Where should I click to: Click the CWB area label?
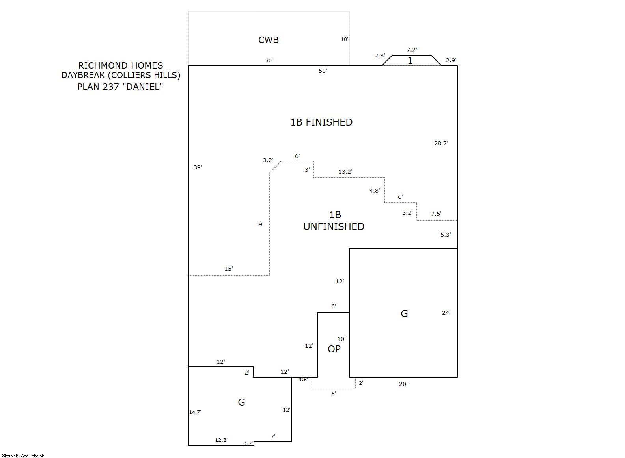coord(268,40)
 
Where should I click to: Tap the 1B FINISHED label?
coord(321,122)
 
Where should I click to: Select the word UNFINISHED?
coord(334,226)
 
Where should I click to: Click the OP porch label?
coord(334,349)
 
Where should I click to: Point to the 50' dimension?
coord(323,71)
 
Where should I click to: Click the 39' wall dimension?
coord(198,167)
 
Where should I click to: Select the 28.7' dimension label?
coord(441,143)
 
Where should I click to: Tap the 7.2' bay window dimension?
coord(411,50)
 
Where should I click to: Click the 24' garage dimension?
coord(446,313)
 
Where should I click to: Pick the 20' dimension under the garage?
coord(403,384)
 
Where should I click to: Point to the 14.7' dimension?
coord(195,412)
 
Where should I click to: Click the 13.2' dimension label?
coord(345,172)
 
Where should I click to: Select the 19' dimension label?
coord(259,224)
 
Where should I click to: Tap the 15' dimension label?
coord(228,269)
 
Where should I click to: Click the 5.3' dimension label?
coord(445,235)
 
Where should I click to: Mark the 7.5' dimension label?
coord(436,214)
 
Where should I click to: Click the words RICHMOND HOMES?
coord(120,65)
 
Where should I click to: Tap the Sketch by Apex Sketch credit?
coord(23,456)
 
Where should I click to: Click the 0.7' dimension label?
coord(248,443)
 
